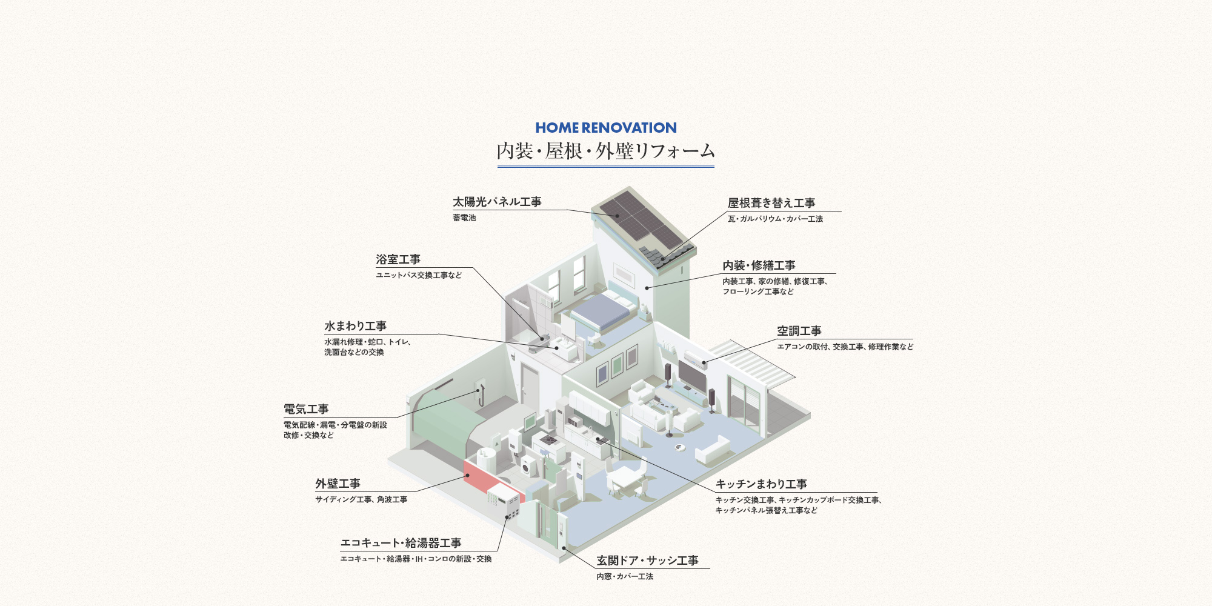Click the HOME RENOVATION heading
[x=606, y=128]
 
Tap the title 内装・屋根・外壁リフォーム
[x=606, y=151]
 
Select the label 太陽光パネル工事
[x=497, y=202]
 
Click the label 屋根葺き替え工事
[x=771, y=203]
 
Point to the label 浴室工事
[x=398, y=259]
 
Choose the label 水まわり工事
[x=355, y=326]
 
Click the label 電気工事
[x=306, y=409]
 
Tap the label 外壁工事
[x=338, y=484]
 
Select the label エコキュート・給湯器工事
[x=401, y=543]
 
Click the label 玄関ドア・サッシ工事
[x=647, y=561]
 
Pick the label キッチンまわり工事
[x=761, y=484]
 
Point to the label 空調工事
[x=799, y=331]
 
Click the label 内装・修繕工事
[x=759, y=265]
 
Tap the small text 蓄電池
[x=464, y=218]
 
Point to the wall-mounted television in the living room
[x=691, y=376]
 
